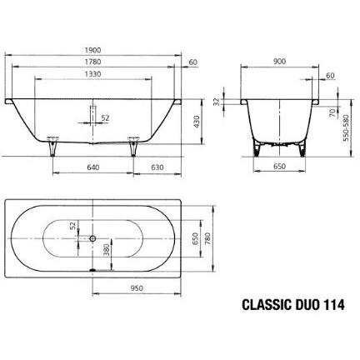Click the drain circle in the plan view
click(x=90, y=237)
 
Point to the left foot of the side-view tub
click(x=52, y=146)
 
